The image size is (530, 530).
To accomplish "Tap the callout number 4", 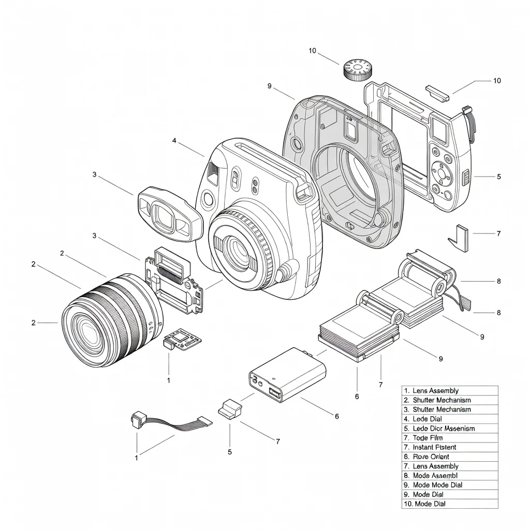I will pos(174,140).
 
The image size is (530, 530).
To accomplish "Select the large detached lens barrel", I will pos(111,321).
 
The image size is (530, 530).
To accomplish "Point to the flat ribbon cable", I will pos(173,423).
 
